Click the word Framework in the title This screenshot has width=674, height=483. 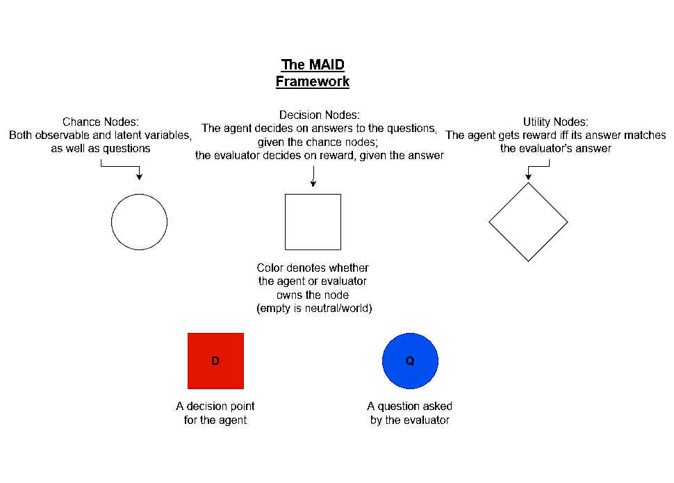click(313, 81)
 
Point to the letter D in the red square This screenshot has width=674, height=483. click(215, 361)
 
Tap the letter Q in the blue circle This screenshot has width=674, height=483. click(410, 361)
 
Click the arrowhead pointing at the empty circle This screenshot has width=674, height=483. click(139, 177)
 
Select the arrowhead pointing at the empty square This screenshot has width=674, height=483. click(313, 183)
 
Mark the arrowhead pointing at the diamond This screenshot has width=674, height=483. click(529, 177)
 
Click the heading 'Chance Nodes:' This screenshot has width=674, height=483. click(101, 122)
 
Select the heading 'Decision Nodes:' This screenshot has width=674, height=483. click(320, 115)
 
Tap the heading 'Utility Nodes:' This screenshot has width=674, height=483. click(555, 122)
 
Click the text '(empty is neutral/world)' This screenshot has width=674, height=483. click(314, 309)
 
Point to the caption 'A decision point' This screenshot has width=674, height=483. click(215, 406)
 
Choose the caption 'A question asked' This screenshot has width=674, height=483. click(410, 406)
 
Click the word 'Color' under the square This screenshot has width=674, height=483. click(270, 268)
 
